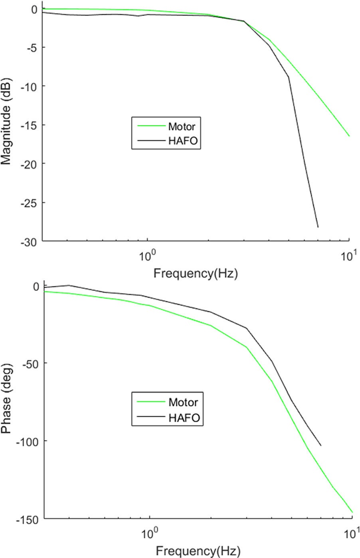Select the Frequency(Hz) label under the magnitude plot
click(x=196, y=274)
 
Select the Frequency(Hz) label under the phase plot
click(x=198, y=551)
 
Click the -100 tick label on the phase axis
click(x=27, y=441)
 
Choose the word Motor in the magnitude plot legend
click(x=182, y=127)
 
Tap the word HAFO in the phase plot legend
click(x=184, y=418)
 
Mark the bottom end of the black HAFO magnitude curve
click(x=318, y=227)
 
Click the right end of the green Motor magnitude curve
click(x=349, y=136)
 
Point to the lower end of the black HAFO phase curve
click(x=320, y=445)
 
